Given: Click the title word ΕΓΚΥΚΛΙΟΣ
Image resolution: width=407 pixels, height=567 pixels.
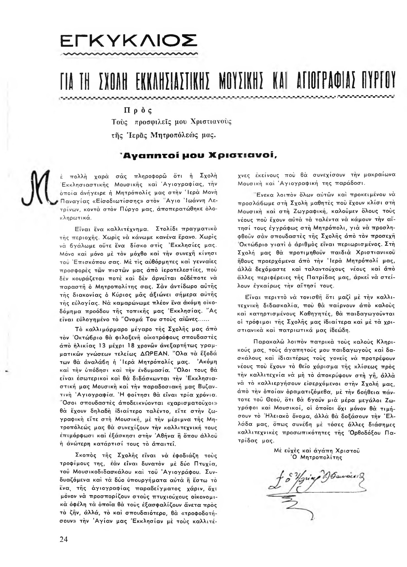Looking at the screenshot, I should (x=129, y=41).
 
